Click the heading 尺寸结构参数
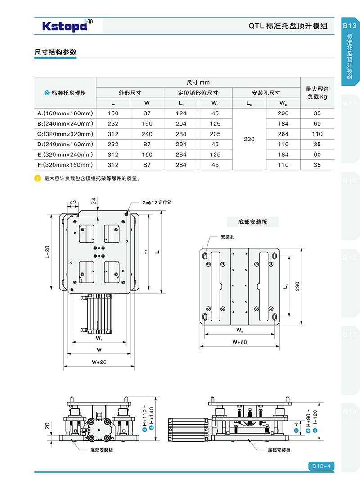click(x=55, y=52)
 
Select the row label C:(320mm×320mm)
click(x=65, y=134)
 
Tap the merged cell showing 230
click(x=249, y=139)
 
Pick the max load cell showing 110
click(x=317, y=134)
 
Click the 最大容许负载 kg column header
click(x=317, y=93)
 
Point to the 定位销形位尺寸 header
click(x=198, y=93)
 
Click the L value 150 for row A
click(x=113, y=113)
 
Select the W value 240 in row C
click(x=147, y=134)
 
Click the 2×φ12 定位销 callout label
click(x=157, y=203)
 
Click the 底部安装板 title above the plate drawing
click(x=252, y=222)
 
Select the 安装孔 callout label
click(x=227, y=237)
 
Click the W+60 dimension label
click(x=239, y=342)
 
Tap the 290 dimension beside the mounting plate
click(x=297, y=287)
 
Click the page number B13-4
click(x=321, y=466)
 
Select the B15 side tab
click(x=350, y=181)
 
